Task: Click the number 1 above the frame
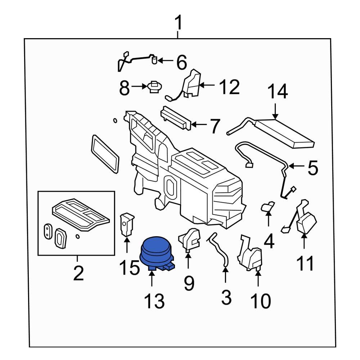point(178,24)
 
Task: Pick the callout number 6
point(181,63)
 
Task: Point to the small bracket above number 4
point(267,207)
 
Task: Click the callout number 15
point(130,268)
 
